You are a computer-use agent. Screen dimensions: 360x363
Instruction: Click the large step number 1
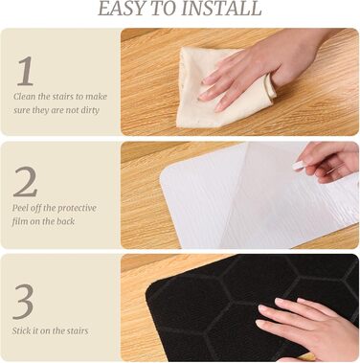pyautogui.click(x=26, y=71)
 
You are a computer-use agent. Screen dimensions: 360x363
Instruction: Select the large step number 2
pyautogui.click(x=25, y=181)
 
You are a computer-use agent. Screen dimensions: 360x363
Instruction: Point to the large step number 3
pyautogui.click(x=23, y=302)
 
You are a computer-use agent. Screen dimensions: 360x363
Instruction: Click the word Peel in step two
pyautogui.click(x=20, y=208)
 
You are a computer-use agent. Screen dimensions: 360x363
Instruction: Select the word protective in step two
pyautogui.click(x=77, y=209)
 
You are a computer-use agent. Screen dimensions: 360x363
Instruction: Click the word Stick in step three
pyautogui.click(x=21, y=330)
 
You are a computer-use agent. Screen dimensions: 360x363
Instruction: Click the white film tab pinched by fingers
pyautogui.click(x=299, y=166)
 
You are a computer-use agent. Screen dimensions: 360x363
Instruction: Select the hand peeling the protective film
pyautogui.click(x=328, y=161)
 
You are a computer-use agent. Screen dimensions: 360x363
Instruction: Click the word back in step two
pyautogui.click(x=65, y=221)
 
